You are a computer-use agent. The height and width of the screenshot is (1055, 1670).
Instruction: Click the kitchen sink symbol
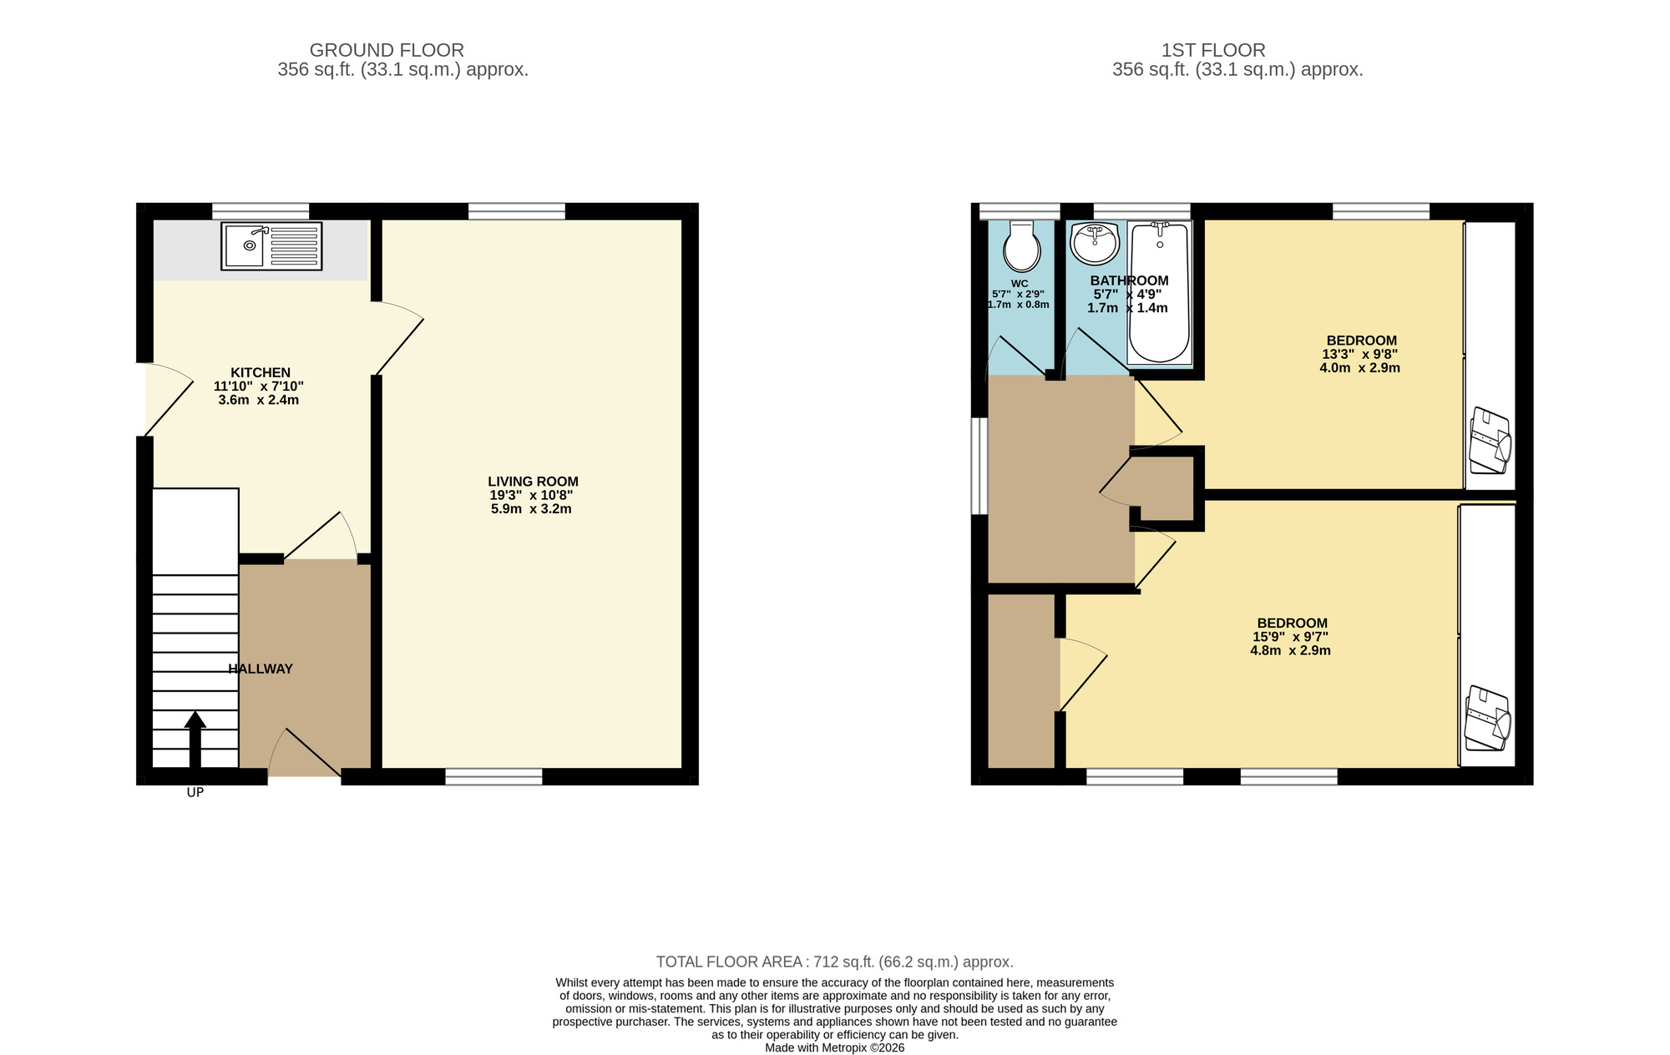coord(271,245)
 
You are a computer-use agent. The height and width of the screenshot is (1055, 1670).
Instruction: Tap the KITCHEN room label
coord(261,372)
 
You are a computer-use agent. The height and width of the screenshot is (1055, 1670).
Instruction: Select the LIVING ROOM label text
coord(533,482)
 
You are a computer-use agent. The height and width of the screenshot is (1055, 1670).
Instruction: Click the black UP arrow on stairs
coord(195,739)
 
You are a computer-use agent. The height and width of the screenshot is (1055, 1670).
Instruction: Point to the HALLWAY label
coord(261,669)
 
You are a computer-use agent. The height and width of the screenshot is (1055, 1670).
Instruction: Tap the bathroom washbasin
coord(1095,242)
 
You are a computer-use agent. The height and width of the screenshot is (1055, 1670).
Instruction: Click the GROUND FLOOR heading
coord(387,50)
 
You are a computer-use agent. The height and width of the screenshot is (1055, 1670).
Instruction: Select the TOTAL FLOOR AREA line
coord(834,962)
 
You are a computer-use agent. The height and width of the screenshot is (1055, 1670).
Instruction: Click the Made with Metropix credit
coord(834,1047)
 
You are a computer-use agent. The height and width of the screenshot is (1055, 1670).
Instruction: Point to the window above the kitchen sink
coord(260,210)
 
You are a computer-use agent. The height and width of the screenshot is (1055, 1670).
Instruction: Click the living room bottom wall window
coord(493,777)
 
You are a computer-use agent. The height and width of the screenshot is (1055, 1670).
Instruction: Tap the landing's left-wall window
coord(979,466)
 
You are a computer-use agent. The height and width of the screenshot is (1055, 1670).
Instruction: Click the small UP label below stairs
coord(195,793)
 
